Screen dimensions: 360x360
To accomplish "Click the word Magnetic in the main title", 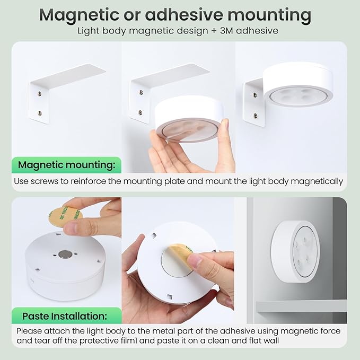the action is click(79, 15).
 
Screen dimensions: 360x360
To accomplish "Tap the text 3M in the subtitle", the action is click(226, 31).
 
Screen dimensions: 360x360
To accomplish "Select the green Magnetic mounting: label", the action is click(67, 165).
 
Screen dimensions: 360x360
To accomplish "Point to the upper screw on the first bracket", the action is click(40, 94).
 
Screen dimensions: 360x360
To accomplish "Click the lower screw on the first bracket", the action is click(40, 113).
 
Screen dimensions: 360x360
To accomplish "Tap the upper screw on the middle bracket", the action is click(141, 93).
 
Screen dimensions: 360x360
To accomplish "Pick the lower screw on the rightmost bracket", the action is click(256, 116).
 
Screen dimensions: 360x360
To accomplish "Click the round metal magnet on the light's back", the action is click(65, 254).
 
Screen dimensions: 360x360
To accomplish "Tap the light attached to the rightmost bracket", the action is click(298, 83).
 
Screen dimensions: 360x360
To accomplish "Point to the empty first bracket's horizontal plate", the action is click(69, 73).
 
